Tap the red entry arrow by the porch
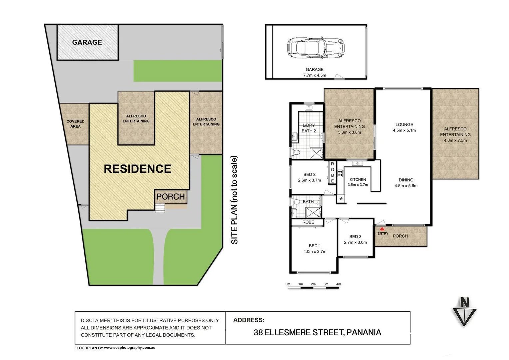382,229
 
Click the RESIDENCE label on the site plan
137,169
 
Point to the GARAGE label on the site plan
87,42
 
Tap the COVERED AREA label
75,124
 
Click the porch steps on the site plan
160,208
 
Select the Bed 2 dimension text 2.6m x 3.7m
309,180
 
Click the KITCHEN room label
358,179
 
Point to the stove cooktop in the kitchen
340,173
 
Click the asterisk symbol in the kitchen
341,199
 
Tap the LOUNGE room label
404,124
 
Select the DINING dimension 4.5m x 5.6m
406,186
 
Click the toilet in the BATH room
295,202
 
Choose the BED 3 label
355,237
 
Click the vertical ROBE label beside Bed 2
332,172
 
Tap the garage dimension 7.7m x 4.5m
314,75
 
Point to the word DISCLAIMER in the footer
95,320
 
